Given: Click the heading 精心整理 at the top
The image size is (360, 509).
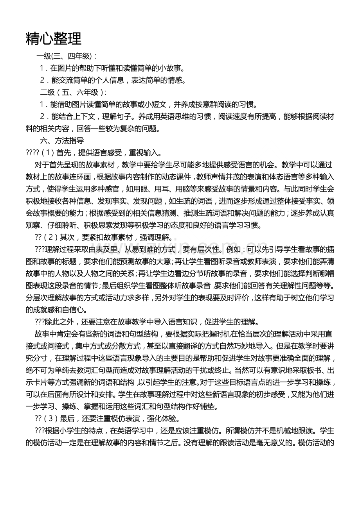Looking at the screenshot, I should [54, 39].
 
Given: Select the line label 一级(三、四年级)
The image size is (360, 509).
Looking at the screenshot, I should [67, 56].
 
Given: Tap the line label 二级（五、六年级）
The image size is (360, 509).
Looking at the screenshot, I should [73, 92].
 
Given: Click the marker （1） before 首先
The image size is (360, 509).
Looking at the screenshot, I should [47, 152].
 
